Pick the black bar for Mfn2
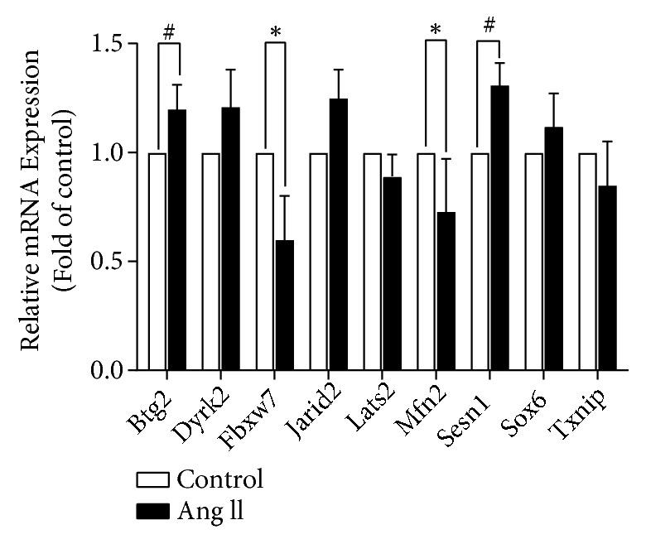click(446, 291)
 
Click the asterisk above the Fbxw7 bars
click(275, 32)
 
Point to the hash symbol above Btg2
click(169, 32)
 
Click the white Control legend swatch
click(153, 479)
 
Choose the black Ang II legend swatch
click(153, 511)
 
